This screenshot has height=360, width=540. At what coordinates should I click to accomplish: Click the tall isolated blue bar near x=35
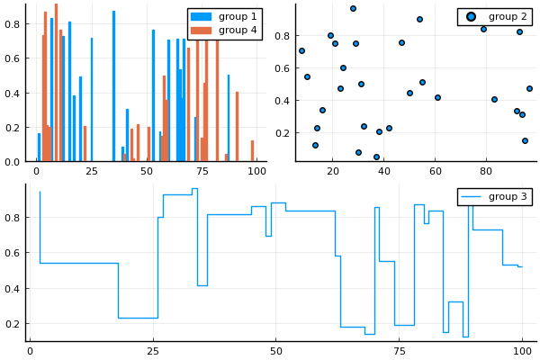(113, 86)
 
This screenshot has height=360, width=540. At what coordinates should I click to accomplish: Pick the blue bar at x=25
(91, 100)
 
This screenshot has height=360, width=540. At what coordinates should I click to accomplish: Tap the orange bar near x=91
(237, 127)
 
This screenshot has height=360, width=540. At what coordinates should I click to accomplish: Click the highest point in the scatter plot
(353, 8)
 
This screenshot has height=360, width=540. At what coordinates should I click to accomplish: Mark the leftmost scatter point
(301, 50)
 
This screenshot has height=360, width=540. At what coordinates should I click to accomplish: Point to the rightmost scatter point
(529, 88)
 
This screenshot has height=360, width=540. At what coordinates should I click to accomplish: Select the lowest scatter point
(376, 157)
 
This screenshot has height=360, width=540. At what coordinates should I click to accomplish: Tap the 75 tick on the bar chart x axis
(202, 170)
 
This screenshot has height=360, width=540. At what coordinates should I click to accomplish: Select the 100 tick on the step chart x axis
(522, 350)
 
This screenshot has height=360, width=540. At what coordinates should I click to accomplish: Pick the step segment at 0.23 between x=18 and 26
(138, 318)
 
